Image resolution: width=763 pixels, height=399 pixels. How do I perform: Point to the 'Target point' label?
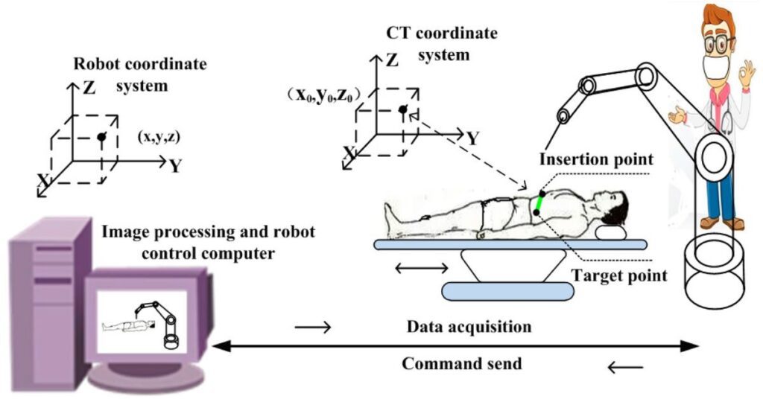tap(619, 276)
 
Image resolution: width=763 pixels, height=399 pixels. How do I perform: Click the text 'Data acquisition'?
tap(469, 327)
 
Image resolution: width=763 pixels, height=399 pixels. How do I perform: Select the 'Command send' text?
tap(462, 364)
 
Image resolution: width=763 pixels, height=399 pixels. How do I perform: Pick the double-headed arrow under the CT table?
tap(421, 266)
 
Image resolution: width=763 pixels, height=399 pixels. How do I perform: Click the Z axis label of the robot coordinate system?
tap(89, 89)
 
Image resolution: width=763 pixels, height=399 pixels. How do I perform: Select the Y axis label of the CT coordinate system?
tap(472, 138)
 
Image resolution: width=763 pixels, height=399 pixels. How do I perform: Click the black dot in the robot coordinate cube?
tap(102, 137)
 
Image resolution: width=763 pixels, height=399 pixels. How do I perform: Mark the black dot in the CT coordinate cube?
tap(402, 110)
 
